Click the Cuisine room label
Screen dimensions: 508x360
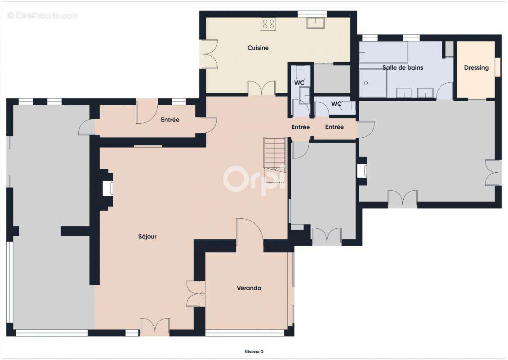tap(258, 48)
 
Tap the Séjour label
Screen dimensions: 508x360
tap(147, 237)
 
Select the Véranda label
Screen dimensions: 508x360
tap(249, 288)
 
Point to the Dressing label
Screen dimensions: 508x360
tap(476, 68)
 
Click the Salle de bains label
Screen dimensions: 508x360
tap(403, 67)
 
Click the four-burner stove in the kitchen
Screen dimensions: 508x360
tap(268, 24)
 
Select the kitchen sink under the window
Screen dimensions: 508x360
tap(316, 22)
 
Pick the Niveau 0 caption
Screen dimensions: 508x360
tap(254, 351)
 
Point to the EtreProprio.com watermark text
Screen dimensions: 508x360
tap(43, 15)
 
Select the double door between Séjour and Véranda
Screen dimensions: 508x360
tap(196, 294)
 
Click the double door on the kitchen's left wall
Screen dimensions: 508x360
tap(209, 54)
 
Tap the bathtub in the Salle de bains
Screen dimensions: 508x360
tap(383, 52)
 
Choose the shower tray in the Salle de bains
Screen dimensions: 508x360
tap(373, 83)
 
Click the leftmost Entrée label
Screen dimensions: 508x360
tap(170, 120)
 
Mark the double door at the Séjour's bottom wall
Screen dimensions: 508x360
tap(155, 327)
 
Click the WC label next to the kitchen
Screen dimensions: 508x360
tap(299, 83)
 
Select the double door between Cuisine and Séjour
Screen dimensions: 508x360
tap(262, 88)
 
